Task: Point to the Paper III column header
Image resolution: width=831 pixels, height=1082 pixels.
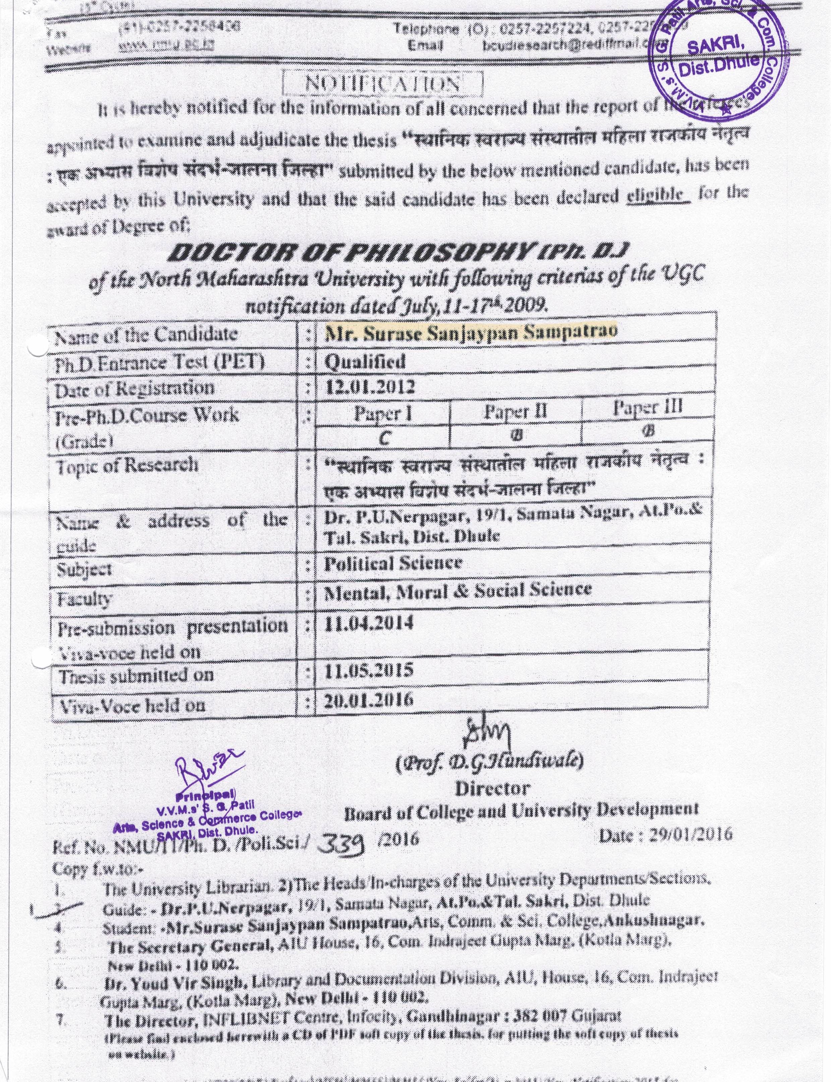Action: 648,408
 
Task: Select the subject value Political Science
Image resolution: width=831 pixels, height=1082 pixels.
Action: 393,563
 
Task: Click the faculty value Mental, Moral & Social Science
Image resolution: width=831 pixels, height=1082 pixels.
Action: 458,590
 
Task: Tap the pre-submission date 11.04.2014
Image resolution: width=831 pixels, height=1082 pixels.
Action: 368,623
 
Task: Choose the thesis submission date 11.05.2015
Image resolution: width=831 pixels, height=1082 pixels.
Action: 368,671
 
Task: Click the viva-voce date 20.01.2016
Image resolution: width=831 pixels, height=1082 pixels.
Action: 368,700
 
